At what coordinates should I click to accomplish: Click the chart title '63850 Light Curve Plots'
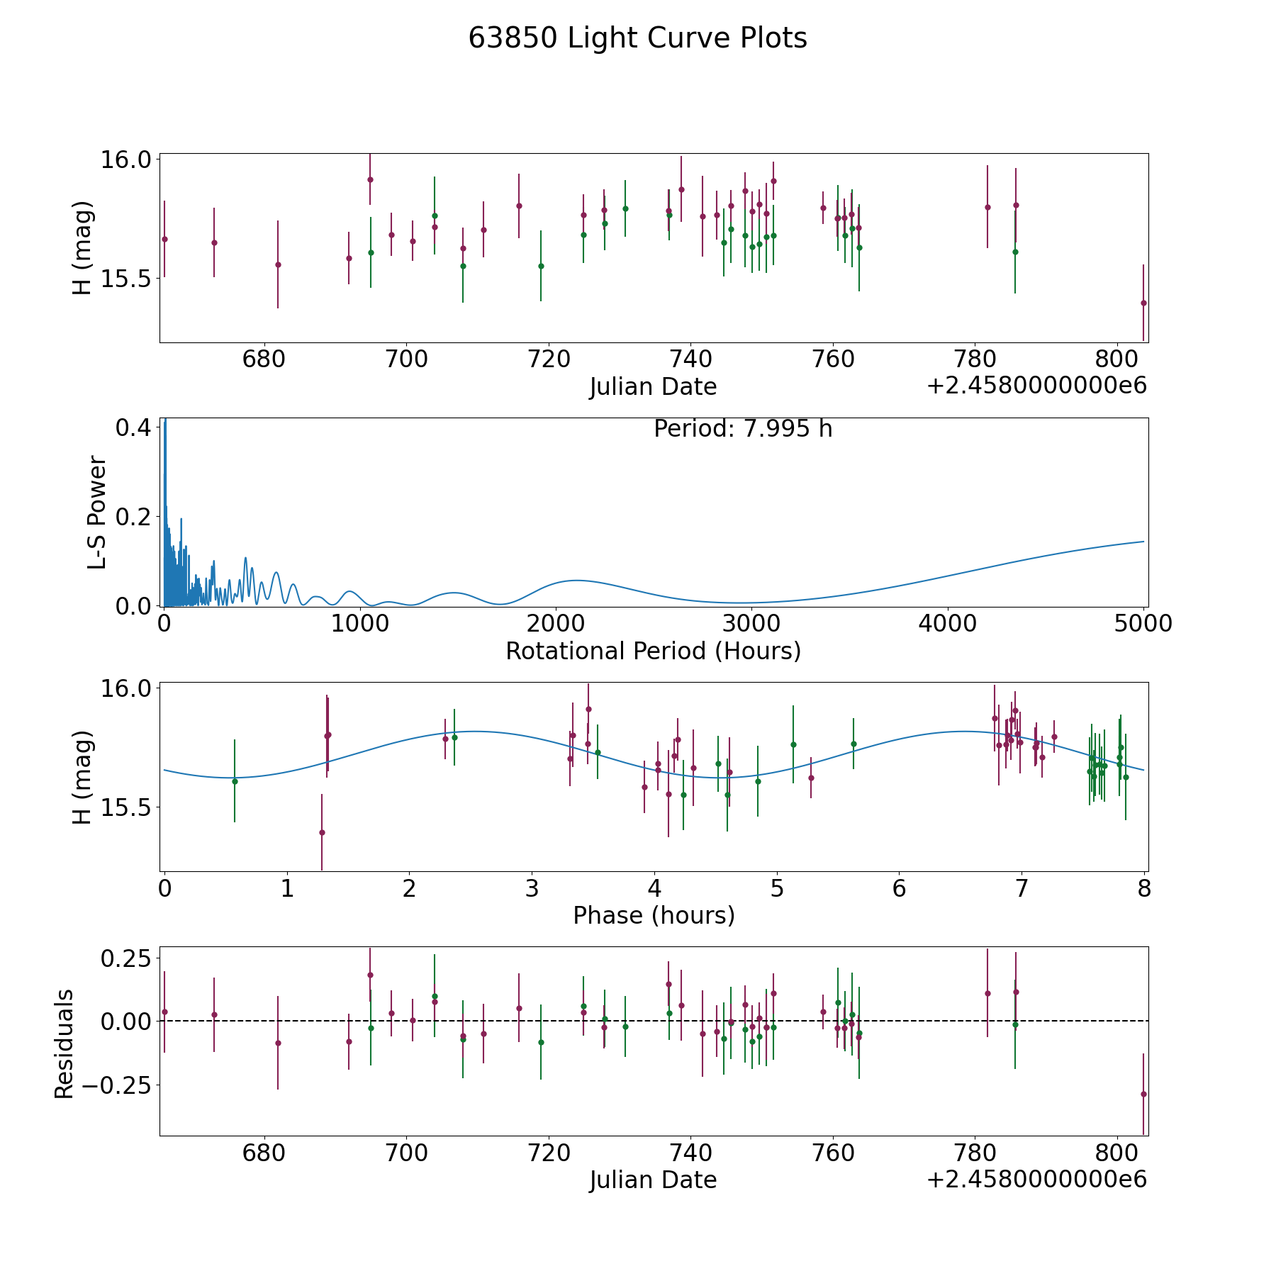[637, 38]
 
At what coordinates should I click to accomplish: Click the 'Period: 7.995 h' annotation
[743, 429]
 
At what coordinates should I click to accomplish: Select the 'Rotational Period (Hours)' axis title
[653, 651]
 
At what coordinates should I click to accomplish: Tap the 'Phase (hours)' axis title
[654, 916]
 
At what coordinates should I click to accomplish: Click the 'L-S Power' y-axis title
[97, 513]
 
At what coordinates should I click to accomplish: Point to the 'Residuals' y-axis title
[64, 1044]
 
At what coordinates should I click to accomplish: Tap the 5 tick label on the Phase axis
[777, 889]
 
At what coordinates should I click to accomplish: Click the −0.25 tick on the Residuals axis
[117, 1085]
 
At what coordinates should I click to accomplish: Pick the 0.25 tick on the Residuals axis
[127, 958]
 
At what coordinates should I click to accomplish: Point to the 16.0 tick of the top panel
[126, 159]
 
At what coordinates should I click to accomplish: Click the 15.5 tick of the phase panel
[126, 807]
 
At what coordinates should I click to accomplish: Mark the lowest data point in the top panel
[1143, 303]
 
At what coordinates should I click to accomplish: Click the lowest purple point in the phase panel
[322, 832]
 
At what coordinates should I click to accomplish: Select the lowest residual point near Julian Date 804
[1143, 1094]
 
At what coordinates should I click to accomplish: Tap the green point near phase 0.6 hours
[235, 781]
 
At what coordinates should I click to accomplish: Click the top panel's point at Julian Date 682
[278, 264]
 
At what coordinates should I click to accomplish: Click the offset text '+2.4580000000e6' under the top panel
[1036, 386]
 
